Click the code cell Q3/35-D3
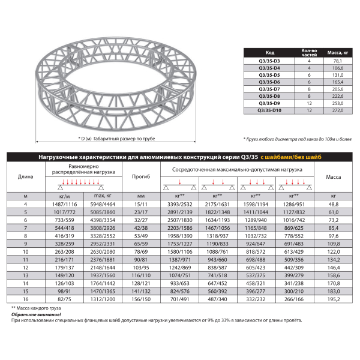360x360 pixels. (x=269, y=61)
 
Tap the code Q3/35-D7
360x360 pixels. (x=269, y=89)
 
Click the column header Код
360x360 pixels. (x=269, y=52)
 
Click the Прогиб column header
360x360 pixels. (x=141, y=176)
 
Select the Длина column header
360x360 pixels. (x=26, y=176)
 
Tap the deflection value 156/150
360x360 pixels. (x=141, y=298)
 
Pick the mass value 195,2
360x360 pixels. (x=334, y=298)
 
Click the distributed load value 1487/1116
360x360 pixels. (x=64, y=204)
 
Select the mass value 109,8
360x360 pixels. (x=334, y=243)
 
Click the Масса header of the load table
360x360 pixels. (x=334, y=176)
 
